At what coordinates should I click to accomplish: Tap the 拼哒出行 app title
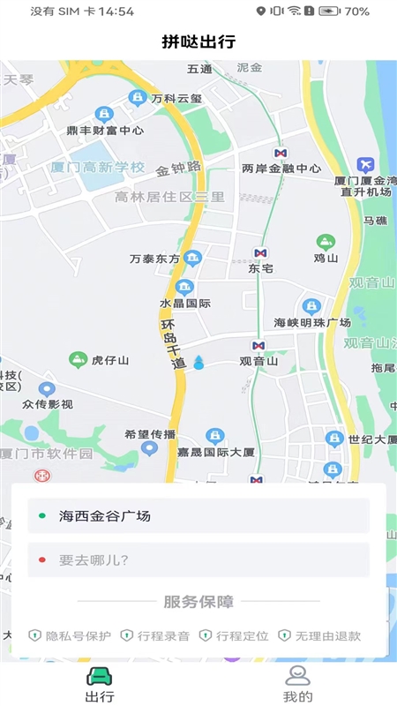[198, 41]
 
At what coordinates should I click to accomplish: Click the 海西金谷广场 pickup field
[198, 515]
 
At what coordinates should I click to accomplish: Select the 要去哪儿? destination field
[198, 560]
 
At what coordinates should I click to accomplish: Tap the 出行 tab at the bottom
[99, 684]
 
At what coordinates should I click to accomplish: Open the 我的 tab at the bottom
[298, 684]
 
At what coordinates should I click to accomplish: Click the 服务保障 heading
[198, 602]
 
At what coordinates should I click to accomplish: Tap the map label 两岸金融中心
[281, 169]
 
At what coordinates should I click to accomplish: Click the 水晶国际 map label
[184, 303]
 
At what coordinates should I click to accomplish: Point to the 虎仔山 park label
[110, 360]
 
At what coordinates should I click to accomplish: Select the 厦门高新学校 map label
[97, 167]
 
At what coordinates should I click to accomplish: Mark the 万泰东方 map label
[154, 259]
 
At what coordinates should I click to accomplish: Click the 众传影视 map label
[48, 404]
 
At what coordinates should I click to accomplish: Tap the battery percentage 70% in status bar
[356, 11]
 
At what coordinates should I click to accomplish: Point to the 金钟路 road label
[179, 168]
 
